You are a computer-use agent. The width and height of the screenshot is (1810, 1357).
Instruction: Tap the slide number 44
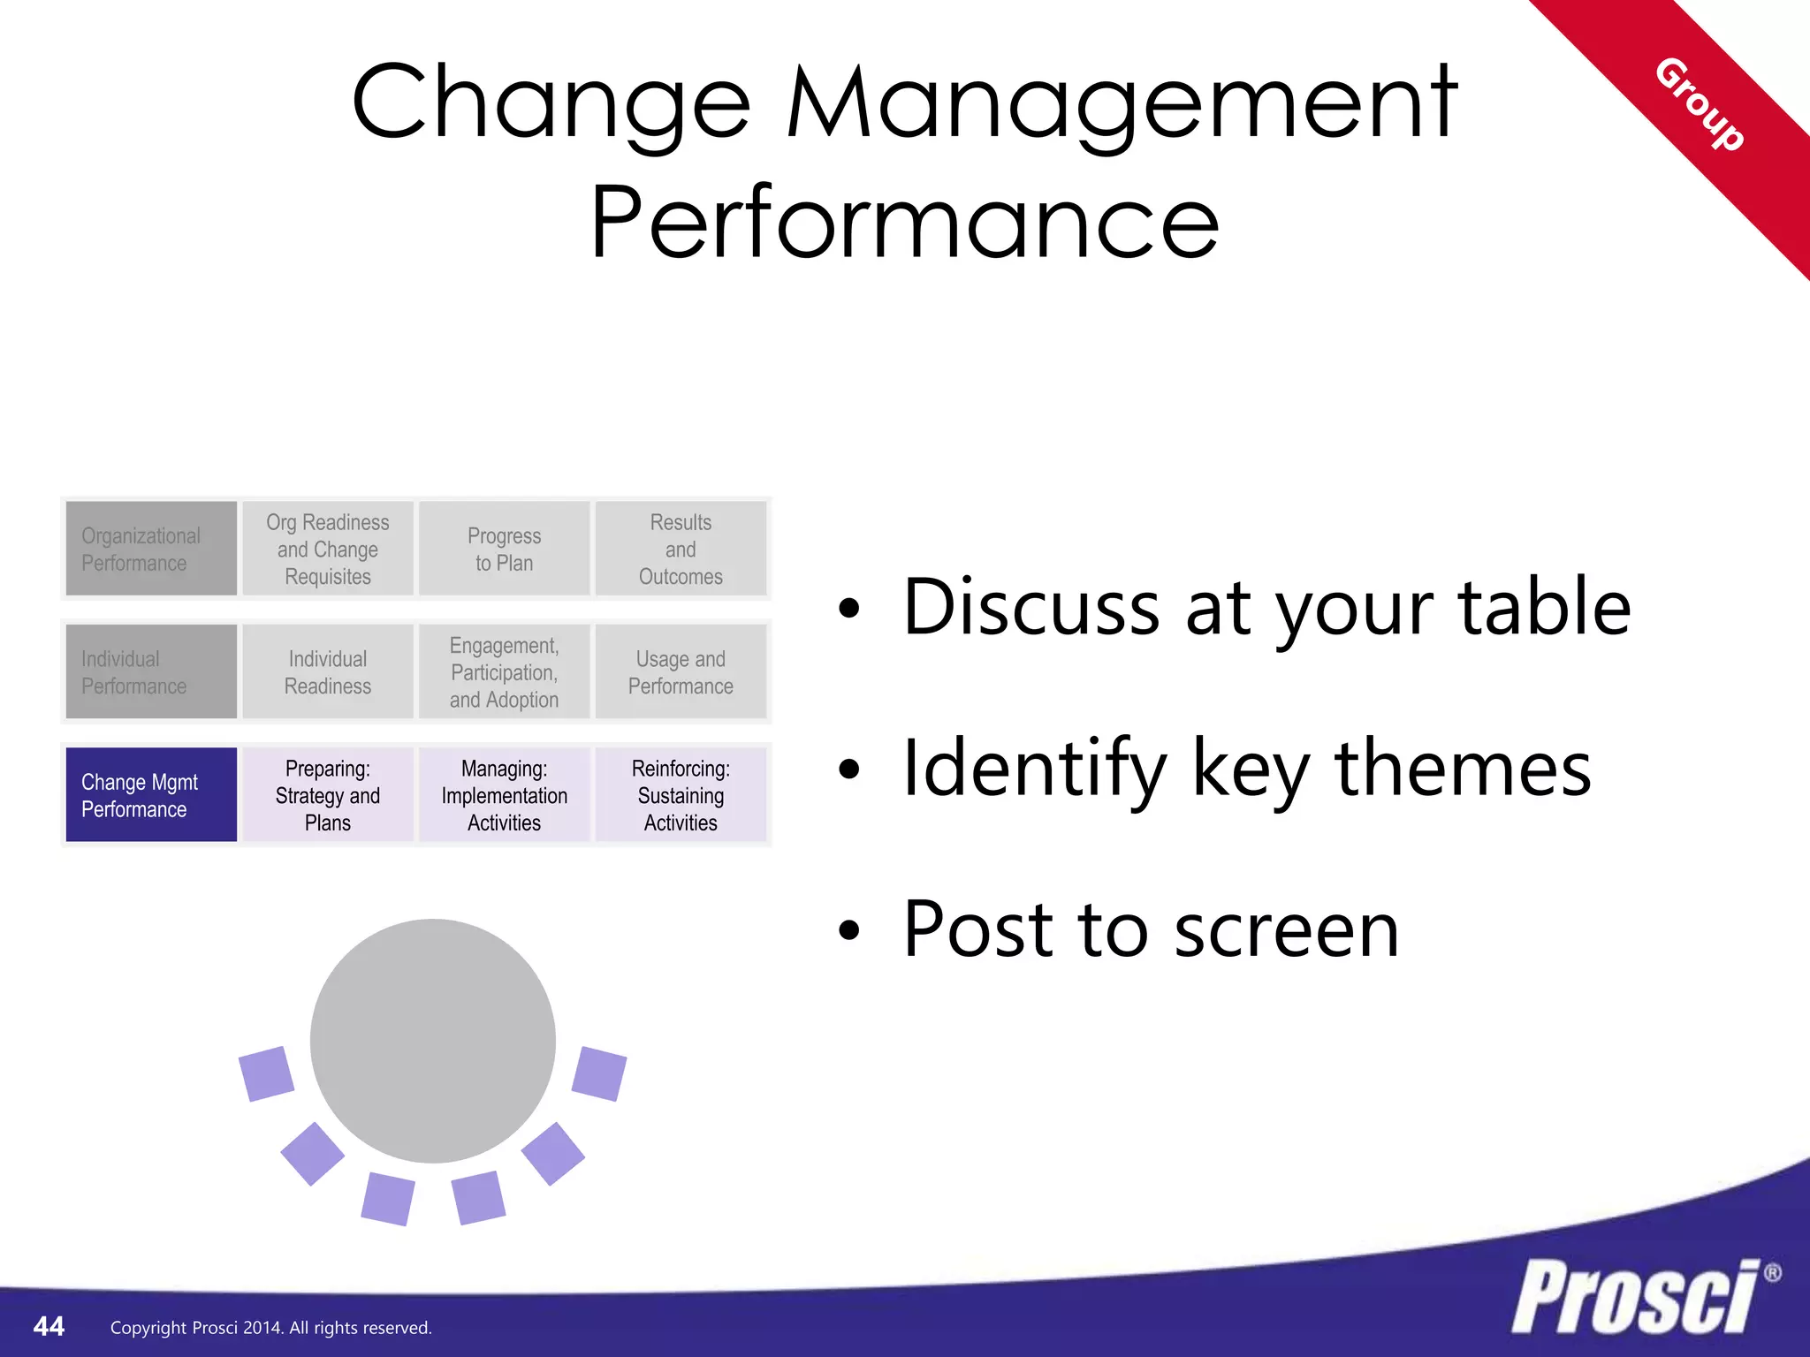pyautogui.click(x=49, y=1326)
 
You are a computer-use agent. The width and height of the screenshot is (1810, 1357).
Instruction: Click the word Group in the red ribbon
pyautogui.click(x=1699, y=104)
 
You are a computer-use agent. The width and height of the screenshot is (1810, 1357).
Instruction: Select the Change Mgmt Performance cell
pyautogui.click(x=151, y=795)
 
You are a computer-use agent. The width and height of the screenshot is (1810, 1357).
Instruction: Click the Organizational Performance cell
pyautogui.click(x=151, y=549)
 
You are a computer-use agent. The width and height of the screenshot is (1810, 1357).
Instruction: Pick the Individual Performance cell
pyautogui.click(x=151, y=671)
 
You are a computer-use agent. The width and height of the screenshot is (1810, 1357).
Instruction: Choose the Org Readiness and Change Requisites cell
pyautogui.click(x=328, y=549)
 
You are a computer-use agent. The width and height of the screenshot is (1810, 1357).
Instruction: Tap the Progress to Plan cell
pyautogui.click(x=504, y=549)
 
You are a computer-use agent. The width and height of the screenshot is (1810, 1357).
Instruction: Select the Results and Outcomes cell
pyautogui.click(x=681, y=549)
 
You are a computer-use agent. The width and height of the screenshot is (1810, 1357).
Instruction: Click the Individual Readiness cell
pyautogui.click(x=328, y=671)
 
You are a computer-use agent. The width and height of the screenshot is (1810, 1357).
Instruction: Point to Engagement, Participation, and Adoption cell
pyautogui.click(x=504, y=671)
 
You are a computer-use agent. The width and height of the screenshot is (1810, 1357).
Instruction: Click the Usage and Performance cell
pyautogui.click(x=681, y=671)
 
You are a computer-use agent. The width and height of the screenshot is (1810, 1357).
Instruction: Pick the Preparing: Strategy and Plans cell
pyautogui.click(x=328, y=795)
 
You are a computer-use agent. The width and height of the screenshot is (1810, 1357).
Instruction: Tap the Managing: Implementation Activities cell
pyautogui.click(x=504, y=795)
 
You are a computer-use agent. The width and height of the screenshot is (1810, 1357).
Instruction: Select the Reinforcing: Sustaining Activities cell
pyautogui.click(x=681, y=795)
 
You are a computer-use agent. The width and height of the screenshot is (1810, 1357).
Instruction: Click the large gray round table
pyautogui.click(x=433, y=1041)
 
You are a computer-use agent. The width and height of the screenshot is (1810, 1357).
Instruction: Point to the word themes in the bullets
pyautogui.click(x=1463, y=769)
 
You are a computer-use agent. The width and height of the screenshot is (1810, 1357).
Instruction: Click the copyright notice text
pyautogui.click(x=270, y=1328)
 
